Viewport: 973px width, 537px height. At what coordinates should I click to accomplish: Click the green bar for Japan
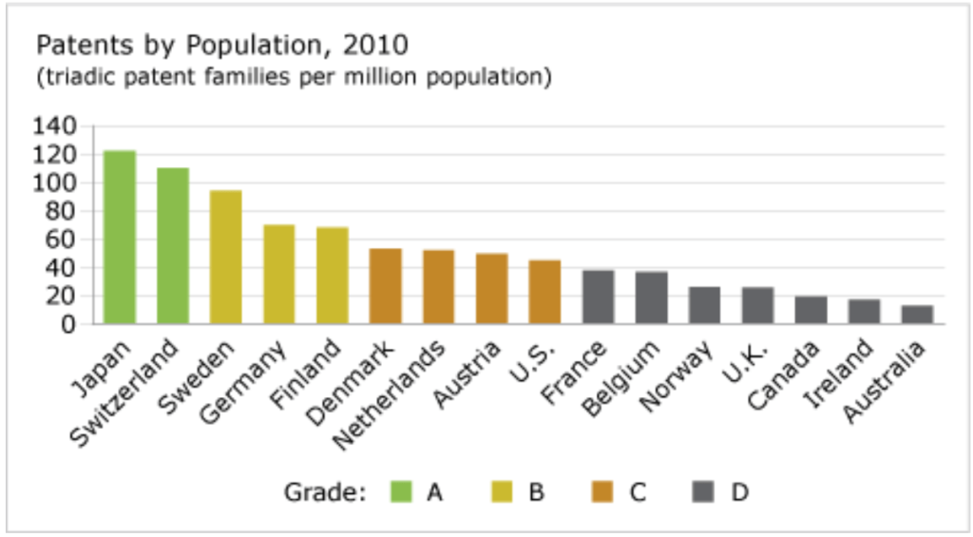click(x=120, y=238)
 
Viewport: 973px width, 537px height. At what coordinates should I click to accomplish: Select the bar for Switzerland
click(x=173, y=246)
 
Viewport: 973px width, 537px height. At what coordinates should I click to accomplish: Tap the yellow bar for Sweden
click(x=226, y=257)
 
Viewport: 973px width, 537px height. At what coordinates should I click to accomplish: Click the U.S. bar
click(x=544, y=292)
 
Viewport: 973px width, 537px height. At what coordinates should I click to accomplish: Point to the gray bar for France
click(x=598, y=297)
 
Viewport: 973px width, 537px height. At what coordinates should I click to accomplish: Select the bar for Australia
click(x=917, y=315)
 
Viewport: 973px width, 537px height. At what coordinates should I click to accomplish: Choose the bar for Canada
click(x=811, y=311)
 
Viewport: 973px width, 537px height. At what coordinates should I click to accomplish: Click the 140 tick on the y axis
click(x=54, y=126)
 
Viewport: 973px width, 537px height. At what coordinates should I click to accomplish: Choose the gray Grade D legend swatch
click(x=705, y=492)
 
